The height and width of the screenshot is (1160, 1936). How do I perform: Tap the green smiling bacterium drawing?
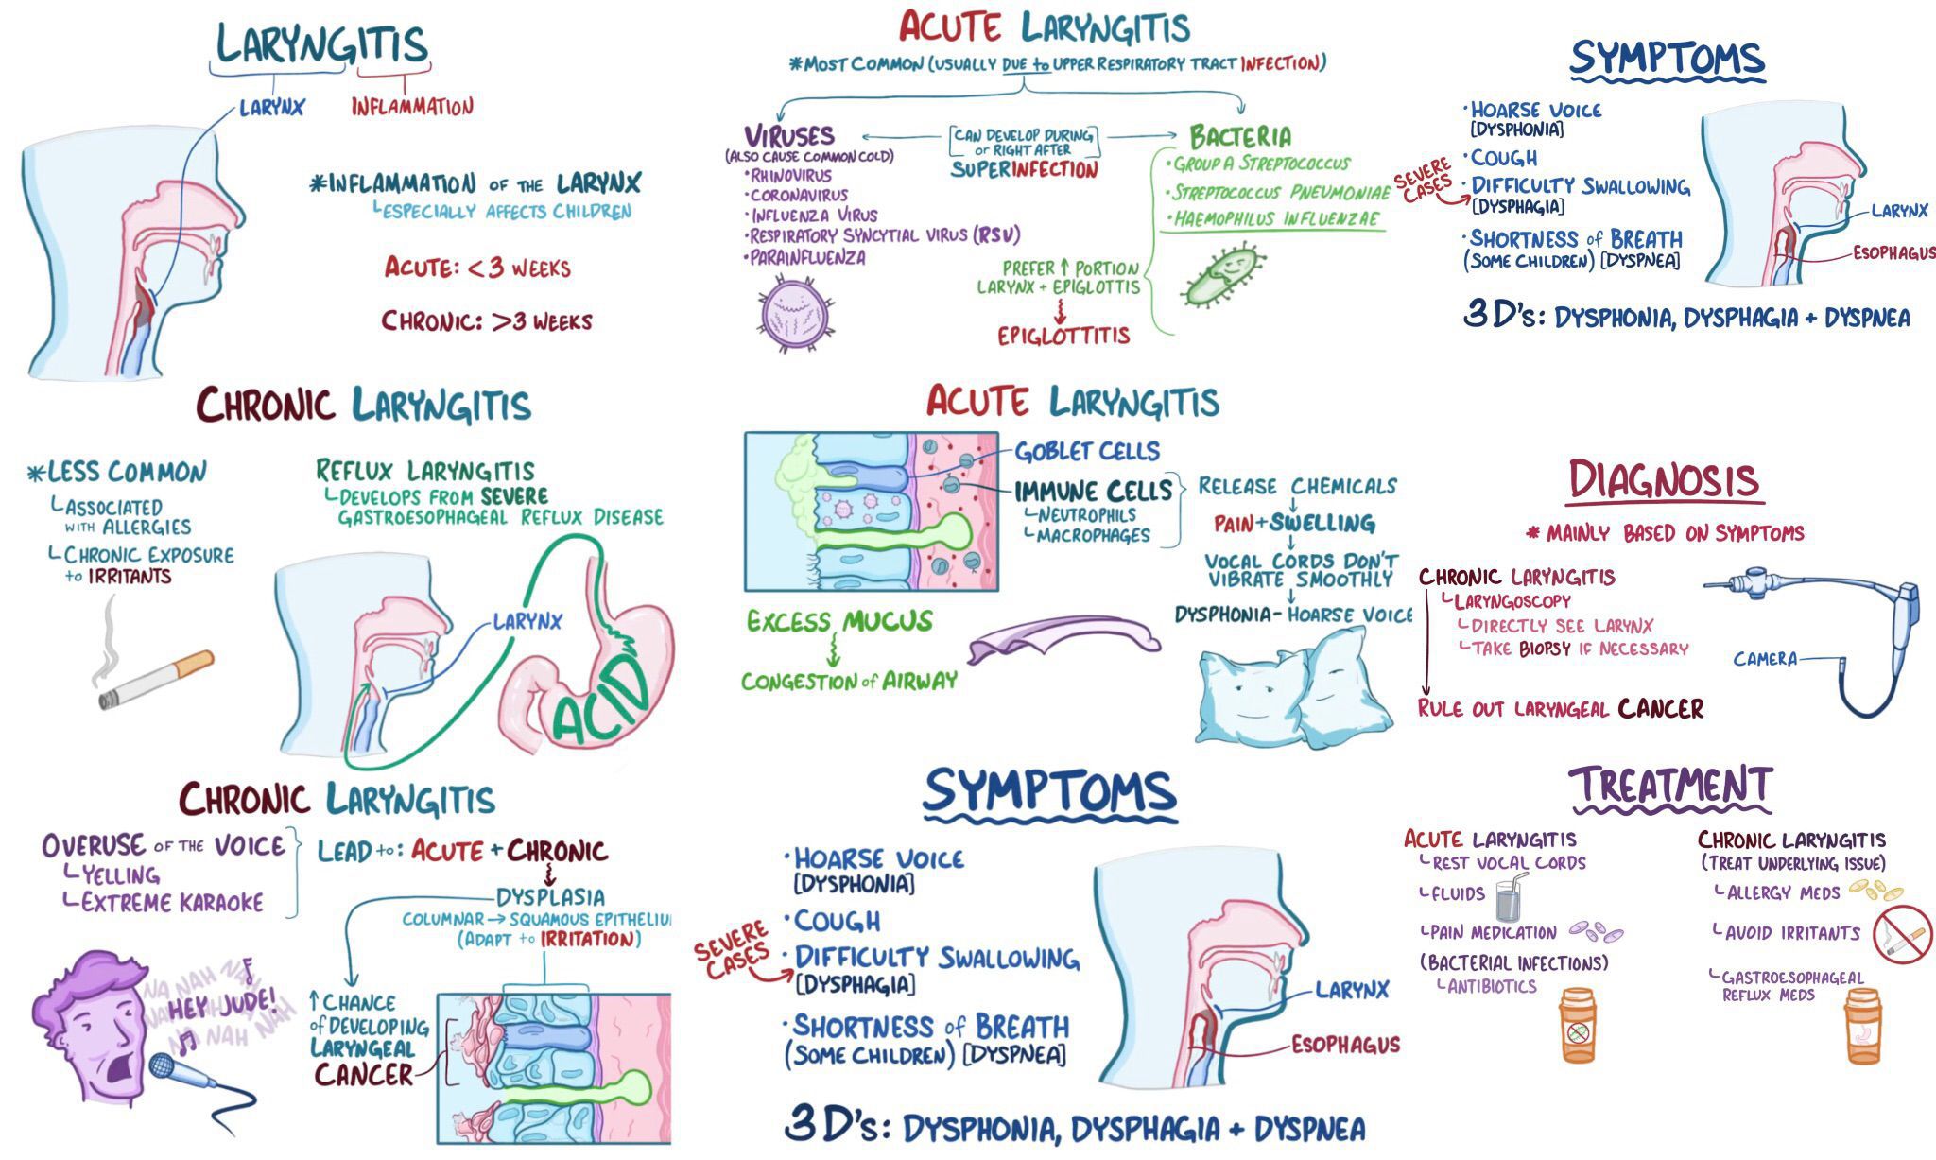click(1222, 276)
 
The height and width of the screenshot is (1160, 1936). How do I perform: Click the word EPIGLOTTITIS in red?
click(1063, 336)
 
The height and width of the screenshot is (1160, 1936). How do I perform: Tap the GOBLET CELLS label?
click(1087, 451)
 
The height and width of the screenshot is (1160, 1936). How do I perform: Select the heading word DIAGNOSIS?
click(1664, 480)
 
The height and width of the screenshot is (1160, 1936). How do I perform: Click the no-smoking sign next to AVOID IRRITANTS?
click(1903, 934)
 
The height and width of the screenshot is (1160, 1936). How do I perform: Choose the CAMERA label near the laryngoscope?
click(1764, 659)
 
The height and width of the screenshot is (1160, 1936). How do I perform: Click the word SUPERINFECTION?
click(1024, 170)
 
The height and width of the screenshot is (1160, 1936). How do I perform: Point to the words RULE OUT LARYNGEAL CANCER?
click(1560, 709)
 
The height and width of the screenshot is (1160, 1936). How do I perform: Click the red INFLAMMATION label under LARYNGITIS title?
click(412, 106)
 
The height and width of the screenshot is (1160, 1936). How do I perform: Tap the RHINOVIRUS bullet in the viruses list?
click(790, 176)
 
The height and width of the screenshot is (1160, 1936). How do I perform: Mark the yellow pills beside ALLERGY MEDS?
click(1875, 890)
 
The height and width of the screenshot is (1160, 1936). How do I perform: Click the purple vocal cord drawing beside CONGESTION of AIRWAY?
click(1063, 639)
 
